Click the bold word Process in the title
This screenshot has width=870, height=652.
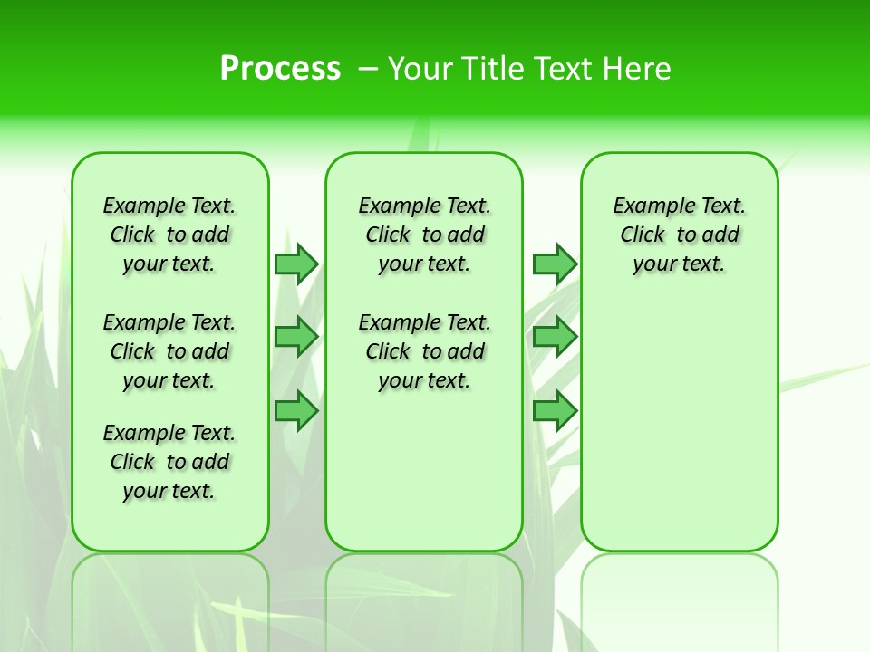[x=280, y=68]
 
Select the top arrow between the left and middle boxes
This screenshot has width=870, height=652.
[x=296, y=264]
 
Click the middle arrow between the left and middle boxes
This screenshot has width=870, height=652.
[x=296, y=337]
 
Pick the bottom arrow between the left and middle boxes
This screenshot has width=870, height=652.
[x=296, y=411]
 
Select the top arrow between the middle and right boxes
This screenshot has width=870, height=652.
[x=555, y=264]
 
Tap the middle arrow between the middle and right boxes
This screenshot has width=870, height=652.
[x=555, y=337]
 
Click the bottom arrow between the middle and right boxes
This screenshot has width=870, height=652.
[x=555, y=411]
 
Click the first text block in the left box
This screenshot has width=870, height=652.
[x=169, y=235]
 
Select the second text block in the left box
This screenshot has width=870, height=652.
[x=169, y=351]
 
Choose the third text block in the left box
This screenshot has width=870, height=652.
[x=169, y=462]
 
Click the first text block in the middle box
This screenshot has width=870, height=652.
[x=424, y=235]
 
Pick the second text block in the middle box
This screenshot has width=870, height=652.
[x=424, y=351]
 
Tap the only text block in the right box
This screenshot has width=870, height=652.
[x=679, y=235]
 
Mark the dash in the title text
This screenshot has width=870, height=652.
[x=368, y=69]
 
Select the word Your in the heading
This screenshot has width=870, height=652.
[x=420, y=69]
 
